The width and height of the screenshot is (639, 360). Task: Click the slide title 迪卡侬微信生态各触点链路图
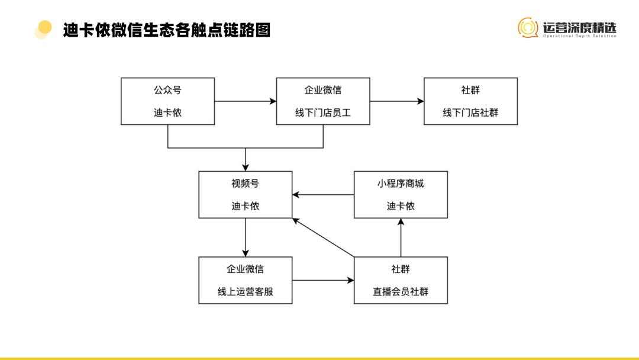click(x=167, y=30)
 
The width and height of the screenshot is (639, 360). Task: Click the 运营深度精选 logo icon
click(x=528, y=27)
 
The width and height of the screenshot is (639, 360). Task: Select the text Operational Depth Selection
click(x=580, y=36)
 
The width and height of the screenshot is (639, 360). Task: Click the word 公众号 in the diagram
click(x=167, y=90)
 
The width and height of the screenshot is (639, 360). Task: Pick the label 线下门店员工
click(x=323, y=112)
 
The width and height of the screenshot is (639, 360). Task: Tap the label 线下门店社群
click(x=470, y=112)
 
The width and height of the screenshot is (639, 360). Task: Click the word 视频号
click(x=245, y=184)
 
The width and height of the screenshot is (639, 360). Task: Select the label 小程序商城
click(x=401, y=184)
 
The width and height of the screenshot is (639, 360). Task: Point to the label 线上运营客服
click(x=245, y=291)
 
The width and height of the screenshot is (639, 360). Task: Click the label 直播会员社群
click(x=401, y=291)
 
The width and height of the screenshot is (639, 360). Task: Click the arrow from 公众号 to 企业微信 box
click(x=245, y=101)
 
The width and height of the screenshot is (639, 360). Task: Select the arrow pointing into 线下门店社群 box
click(x=396, y=101)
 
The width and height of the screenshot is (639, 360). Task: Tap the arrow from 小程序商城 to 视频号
click(x=323, y=194)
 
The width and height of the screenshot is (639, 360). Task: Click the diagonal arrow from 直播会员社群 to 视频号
click(x=323, y=237)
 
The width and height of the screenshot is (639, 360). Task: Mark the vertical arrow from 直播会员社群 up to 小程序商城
click(x=401, y=237)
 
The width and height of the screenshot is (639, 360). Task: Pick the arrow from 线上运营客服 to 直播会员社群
click(x=323, y=280)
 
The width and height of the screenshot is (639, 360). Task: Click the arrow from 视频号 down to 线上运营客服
click(x=245, y=237)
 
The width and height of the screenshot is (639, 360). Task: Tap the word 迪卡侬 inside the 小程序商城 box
click(x=401, y=206)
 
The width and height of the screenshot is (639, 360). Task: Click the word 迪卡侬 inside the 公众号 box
click(x=167, y=112)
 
